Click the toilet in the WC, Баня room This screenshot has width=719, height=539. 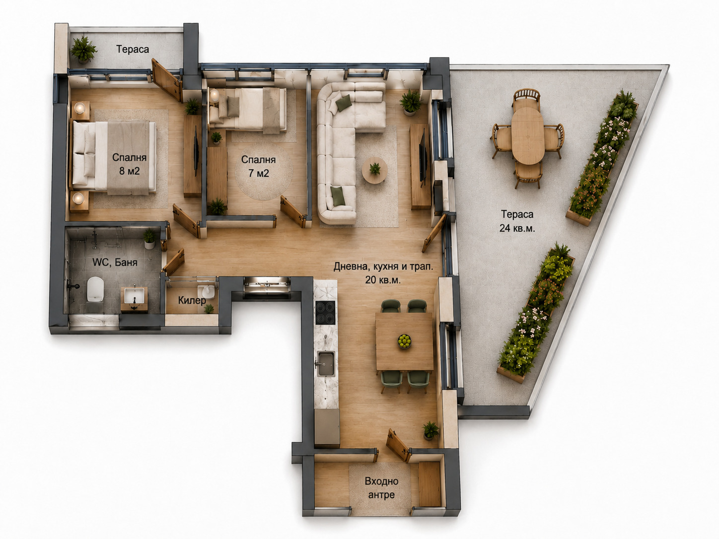[x=95, y=289]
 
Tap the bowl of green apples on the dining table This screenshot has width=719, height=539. [x=404, y=341]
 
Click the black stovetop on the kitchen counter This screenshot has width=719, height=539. [x=325, y=313]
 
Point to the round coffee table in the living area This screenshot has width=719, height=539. [x=375, y=170]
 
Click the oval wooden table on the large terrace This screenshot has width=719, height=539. [x=528, y=135]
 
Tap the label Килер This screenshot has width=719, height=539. [x=192, y=300]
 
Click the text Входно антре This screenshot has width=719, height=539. [x=381, y=487]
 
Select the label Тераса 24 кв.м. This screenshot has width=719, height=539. [x=517, y=221]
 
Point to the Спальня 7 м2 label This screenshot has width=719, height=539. [x=258, y=166]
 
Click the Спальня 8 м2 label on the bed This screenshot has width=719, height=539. [x=129, y=164]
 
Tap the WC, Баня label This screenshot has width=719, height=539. [x=115, y=262]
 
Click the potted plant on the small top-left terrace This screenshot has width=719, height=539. [x=83, y=49]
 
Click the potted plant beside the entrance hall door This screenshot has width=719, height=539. [x=431, y=430]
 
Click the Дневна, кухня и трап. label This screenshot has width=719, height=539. [x=383, y=273]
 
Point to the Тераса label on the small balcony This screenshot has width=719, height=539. [x=133, y=49]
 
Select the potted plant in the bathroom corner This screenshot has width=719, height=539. [x=149, y=239]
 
